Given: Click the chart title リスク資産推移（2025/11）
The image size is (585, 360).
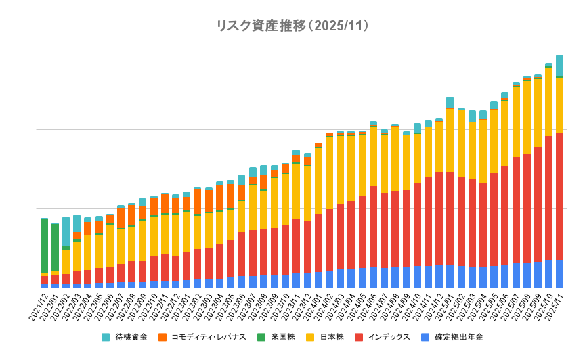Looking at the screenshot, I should [292, 26].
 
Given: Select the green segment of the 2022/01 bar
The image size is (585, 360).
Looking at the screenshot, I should [55, 248].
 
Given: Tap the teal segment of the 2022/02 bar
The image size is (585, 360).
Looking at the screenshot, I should [66, 231].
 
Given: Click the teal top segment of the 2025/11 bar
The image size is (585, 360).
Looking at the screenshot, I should [560, 66].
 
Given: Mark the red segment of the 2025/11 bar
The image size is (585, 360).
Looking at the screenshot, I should [560, 196].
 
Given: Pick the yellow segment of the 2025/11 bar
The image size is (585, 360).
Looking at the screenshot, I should [560, 106].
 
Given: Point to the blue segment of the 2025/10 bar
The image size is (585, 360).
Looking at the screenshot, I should [549, 273].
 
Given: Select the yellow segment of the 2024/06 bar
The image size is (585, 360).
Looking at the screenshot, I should [373, 156].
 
